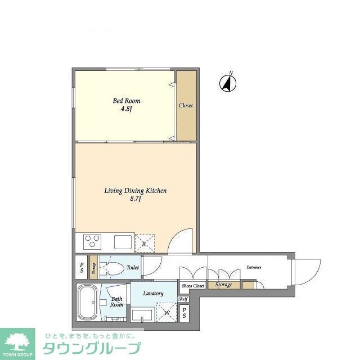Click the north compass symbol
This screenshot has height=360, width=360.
point(228,83)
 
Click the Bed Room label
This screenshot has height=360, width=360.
point(127,101)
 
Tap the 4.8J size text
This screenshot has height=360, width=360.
point(126,109)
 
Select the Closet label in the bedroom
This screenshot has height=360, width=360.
point(186,106)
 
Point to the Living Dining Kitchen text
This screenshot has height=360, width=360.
point(136,191)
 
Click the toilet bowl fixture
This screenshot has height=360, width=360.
point(112,268)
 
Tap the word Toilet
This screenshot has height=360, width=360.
point(133,268)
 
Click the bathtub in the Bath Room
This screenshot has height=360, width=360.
point(88,303)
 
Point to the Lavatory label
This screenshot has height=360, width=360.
point(153,294)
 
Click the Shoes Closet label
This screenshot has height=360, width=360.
point(193,286)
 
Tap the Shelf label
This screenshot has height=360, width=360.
point(183,299)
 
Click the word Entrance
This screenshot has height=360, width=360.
point(254,267)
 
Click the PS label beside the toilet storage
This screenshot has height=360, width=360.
point(82,268)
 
